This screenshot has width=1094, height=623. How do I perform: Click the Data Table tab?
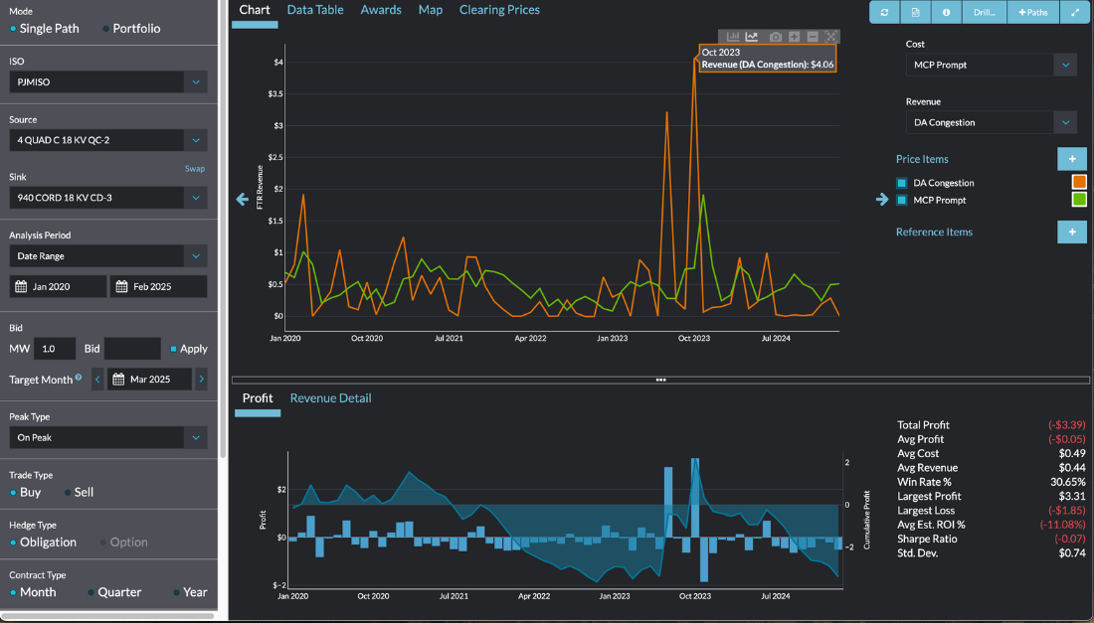point(315,10)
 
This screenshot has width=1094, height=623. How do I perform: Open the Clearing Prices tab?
point(499,10)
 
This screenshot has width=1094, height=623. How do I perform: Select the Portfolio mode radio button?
point(106,29)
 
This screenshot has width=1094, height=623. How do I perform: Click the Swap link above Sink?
point(195,169)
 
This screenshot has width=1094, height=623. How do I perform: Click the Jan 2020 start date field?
point(58,287)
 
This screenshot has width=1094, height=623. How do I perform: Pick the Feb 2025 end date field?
point(158,287)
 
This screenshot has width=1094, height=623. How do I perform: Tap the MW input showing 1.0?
point(55,349)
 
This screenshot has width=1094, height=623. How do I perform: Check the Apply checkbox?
point(174,349)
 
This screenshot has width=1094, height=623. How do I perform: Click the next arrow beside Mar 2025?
point(201,379)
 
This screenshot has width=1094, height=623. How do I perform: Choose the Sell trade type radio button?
point(68,492)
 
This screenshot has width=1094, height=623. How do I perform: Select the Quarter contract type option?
point(91,592)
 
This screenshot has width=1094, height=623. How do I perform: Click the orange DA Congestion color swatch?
point(1078,183)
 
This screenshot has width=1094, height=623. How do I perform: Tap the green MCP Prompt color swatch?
point(1078,200)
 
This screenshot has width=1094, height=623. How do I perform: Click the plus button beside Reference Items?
point(1071,233)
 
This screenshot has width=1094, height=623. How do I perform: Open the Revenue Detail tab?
point(330,398)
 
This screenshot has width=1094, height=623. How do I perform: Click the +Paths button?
point(1033,12)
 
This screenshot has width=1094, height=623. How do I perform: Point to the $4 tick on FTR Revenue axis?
point(278,62)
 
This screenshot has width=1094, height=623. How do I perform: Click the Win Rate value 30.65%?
point(1065,482)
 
